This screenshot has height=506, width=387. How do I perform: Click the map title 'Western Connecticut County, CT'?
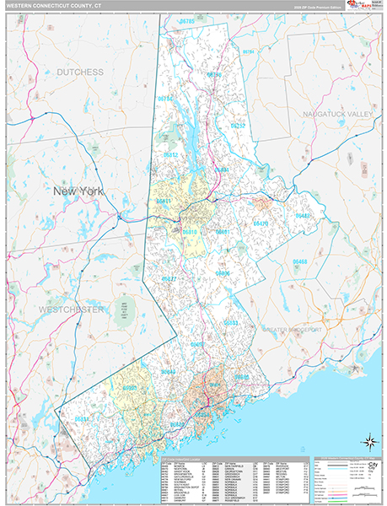click(51, 5)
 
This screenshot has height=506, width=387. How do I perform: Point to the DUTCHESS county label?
click(80, 73)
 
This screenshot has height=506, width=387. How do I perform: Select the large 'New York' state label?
click(78, 191)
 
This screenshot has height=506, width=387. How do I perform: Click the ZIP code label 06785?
click(186, 20)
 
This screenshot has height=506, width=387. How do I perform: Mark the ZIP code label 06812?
click(169, 155)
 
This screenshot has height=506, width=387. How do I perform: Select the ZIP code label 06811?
click(164, 201)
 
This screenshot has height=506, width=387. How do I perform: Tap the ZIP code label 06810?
click(190, 230)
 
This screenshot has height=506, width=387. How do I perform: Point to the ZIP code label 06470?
click(261, 223)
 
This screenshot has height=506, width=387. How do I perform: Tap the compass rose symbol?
click(368, 440)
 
